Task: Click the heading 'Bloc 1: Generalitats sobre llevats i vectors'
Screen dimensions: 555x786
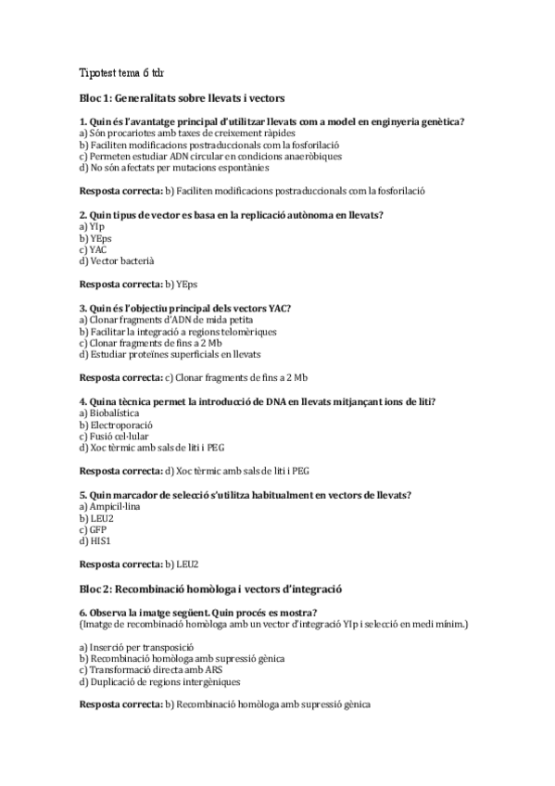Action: click(x=182, y=97)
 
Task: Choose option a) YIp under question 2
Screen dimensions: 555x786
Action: click(x=93, y=226)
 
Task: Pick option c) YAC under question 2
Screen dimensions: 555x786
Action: click(x=95, y=249)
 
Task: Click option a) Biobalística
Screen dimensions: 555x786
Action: click(x=109, y=412)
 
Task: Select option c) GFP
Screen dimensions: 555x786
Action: click(x=94, y=529)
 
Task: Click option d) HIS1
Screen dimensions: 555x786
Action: click(x=95, y=540)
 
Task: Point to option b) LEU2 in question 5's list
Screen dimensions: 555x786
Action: click(x=96, y=517)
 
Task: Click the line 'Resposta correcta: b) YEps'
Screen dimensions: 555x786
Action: click(x=139, y=284)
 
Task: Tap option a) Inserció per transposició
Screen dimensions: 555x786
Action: click(x=136, y=647)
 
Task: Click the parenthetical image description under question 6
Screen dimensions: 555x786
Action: click(x=273, y=624)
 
